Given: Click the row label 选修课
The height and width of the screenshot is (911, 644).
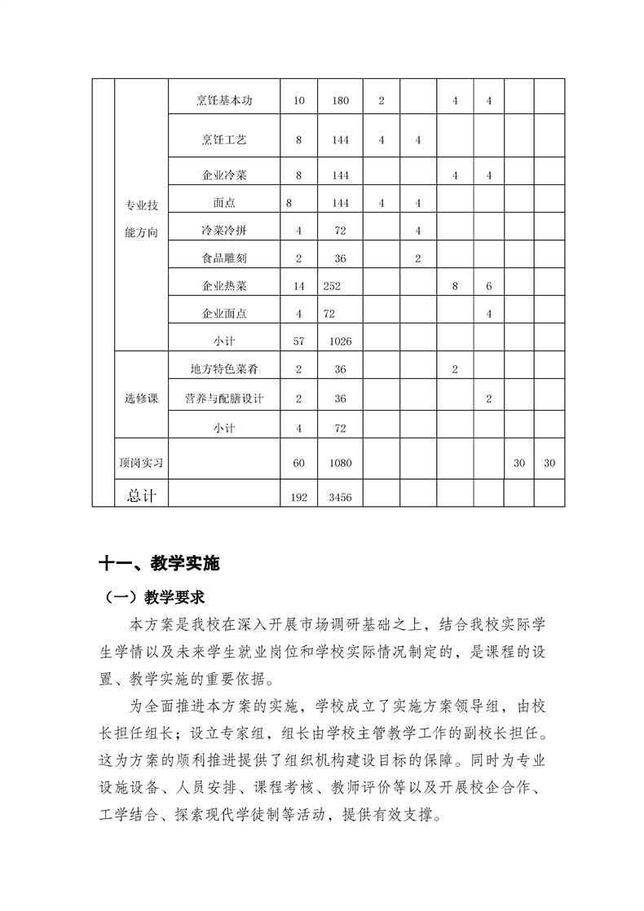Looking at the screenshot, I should click(141, 398).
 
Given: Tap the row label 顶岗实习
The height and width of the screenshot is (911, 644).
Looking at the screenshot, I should click(141, 463).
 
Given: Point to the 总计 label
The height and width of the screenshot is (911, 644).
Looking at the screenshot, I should click(141, 495).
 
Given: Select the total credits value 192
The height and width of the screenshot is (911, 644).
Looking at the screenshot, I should click(298, 497).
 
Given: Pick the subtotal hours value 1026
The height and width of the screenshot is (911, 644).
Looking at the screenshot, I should click(341, 341).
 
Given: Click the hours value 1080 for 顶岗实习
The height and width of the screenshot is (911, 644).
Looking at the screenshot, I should click(341, 463).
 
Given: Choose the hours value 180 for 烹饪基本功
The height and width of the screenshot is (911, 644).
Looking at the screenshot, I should click(341, 101).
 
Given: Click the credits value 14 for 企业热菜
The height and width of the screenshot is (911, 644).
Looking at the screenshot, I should click(298, 286).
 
